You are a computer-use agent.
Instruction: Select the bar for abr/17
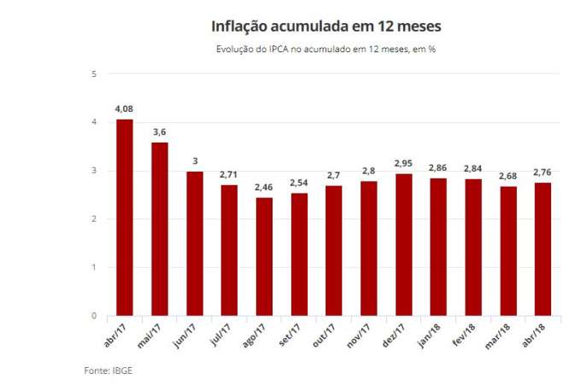[x=125, y=218]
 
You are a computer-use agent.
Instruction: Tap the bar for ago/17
[x=264, y=257]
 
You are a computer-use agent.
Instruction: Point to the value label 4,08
[x=125, y=109]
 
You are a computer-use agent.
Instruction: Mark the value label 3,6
[x=160, y=132]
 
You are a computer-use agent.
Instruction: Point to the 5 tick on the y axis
[x=94, y=74]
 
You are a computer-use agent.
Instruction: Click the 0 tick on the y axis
[x=94, y=316]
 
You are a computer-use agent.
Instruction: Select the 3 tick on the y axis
[x=94, y=171]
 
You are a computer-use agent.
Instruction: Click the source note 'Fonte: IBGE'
[x=108, y=370]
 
